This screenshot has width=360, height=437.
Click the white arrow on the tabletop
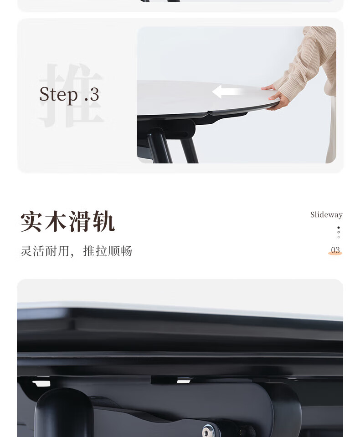(227, 91)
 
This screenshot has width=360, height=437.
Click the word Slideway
(326, 214)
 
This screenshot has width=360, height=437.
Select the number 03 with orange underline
(335, 250)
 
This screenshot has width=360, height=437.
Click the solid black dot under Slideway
(339, 228)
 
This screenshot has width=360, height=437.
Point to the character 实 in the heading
(31, 221)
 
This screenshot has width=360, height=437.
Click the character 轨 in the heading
(103, 221)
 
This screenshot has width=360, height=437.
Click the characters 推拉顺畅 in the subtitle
(108, 251)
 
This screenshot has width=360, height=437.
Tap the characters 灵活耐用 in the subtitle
(45, 251)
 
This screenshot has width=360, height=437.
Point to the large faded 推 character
(71, 95)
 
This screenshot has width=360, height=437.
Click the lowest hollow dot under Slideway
(339, 237)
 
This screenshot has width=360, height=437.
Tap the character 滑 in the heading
(80, 221)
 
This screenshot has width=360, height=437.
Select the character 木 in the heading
(56, 221)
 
